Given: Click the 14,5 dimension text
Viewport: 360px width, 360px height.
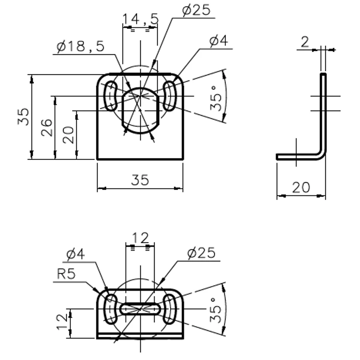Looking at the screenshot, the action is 140,19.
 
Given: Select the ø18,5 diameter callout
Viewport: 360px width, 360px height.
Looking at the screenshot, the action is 80,46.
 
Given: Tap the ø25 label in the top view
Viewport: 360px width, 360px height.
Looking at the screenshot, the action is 196,10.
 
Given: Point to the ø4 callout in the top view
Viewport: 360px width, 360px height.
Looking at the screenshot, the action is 218,41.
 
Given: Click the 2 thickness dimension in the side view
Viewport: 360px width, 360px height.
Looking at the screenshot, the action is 305,42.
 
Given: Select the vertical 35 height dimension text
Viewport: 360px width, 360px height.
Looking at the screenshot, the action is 24,117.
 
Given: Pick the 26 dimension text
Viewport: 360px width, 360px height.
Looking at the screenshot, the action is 47,128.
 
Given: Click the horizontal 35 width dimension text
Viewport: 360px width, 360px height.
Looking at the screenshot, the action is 140,180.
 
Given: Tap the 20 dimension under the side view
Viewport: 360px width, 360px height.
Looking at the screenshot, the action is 301,187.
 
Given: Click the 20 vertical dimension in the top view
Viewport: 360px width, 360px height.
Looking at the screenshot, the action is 68,135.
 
